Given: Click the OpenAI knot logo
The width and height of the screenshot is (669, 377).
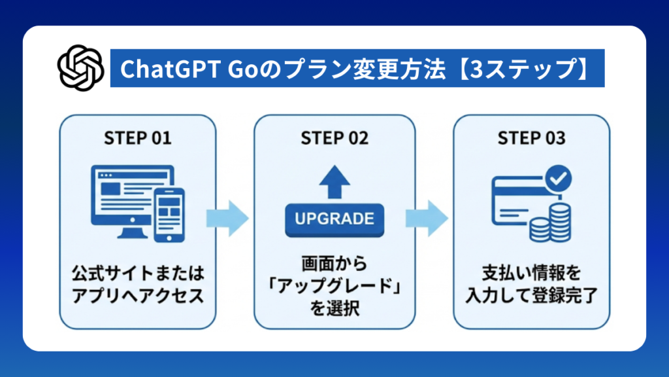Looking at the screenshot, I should click(81, 67).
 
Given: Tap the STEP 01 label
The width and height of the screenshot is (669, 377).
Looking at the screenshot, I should click(138, 138).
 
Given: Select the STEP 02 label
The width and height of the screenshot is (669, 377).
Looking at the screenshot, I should click(334, 138).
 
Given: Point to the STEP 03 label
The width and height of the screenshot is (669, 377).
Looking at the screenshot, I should click(531, 138).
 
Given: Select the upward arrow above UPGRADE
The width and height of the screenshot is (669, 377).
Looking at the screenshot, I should click(334, 180).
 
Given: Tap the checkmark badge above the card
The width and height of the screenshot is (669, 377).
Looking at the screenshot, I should click(559, 176).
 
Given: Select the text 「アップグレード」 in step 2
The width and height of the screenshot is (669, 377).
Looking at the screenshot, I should click(334, 287).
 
